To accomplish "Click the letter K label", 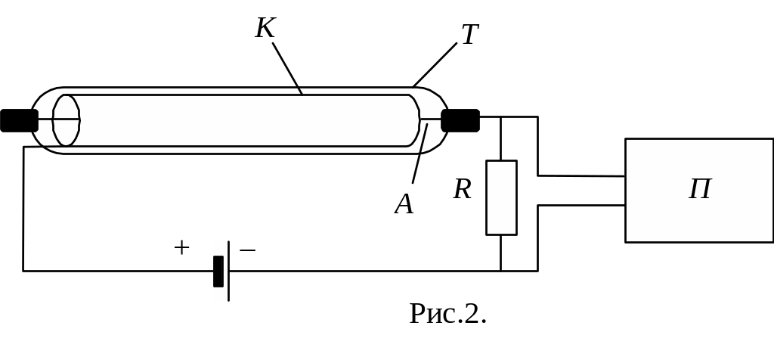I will (x=265, y=28).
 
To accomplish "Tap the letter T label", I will (x=470, y=34).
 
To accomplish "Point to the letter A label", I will (x=404, y=203).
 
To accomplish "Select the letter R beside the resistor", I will (x=463, y=189).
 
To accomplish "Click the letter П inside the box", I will (x=700, y=189).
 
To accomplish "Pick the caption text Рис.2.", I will (x=447, y=313).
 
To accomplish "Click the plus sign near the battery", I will (x=181, y=247).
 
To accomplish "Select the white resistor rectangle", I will (x=501, y=197).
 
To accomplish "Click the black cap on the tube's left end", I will (x=19, y=120).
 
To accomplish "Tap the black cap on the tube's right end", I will (x=460, y=120).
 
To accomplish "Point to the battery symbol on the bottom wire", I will (x=220, y=271).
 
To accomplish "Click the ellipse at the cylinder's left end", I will (x=67, y=120).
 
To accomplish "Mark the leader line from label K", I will (x=287, y=68).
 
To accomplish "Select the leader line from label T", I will (x=435, y=64).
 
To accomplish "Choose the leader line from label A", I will (x=420, y=155).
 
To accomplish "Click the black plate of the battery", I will (x=218, y=272).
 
